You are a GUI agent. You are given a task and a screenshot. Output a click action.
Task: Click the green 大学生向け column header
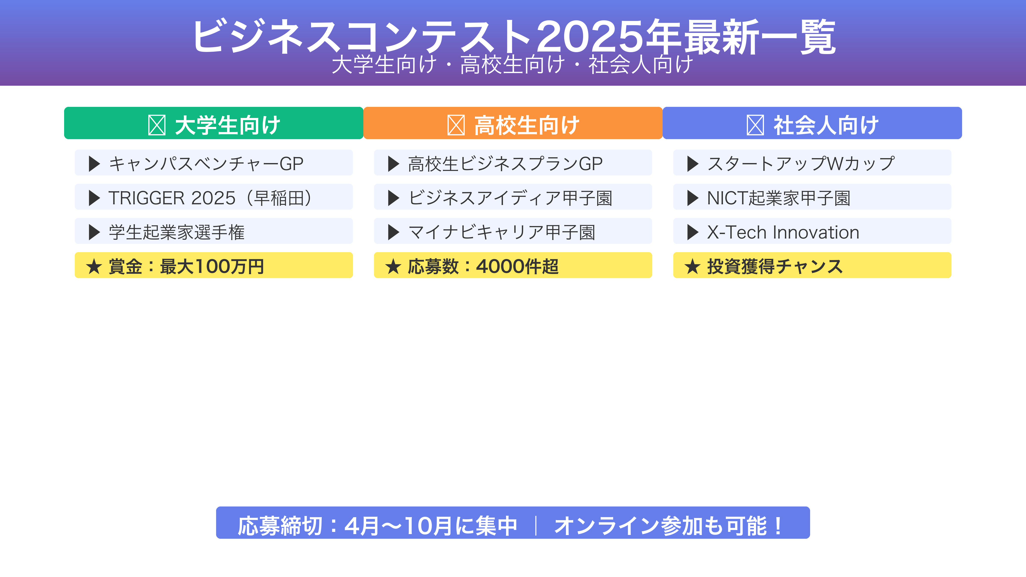pos(214,123)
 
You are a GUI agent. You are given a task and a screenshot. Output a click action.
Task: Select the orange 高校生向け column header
pos(513,123)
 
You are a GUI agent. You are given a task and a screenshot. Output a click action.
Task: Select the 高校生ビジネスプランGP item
pos(513,163)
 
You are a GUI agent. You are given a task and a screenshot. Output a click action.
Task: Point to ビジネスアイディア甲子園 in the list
pos(513,197)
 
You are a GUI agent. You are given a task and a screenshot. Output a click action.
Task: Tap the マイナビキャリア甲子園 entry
pos(513,231)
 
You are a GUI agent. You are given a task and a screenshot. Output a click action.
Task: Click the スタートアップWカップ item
pos(812,163)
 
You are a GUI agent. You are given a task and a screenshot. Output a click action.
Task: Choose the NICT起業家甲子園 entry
pos(812,197)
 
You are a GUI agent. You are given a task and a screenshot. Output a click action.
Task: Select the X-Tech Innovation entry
pos(812,231)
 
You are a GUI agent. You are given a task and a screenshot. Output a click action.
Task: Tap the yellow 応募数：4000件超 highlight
pos(513,265)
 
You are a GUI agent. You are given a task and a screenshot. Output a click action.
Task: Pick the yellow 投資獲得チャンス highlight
pos(812,265)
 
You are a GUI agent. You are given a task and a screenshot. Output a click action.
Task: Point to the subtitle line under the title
pos(513,65)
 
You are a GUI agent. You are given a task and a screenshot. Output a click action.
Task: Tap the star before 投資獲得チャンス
pos(692,266)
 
